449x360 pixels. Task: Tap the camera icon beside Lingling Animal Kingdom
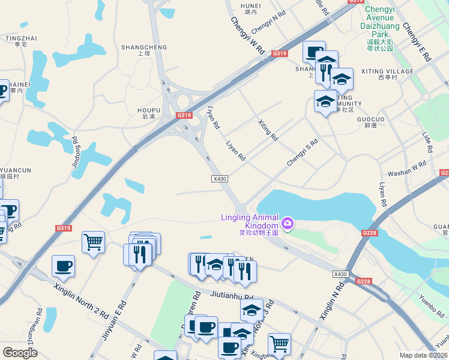[288, 224]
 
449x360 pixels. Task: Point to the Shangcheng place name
[144, 47]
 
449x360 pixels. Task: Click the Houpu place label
[149, 110]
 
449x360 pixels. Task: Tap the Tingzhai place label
[21, 38]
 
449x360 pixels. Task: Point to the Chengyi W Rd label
[248, 36]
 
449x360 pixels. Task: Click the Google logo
[20, 353]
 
